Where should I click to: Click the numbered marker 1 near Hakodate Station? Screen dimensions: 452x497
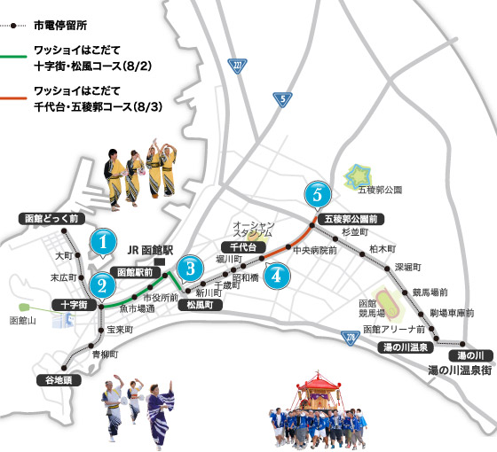(105, 240)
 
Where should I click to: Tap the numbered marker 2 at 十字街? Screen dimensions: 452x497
(103, 284)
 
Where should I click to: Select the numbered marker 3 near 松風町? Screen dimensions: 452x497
(187, 267)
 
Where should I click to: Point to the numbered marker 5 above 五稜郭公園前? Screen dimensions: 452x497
(315, 192)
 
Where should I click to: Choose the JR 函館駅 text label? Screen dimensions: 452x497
(154, 250)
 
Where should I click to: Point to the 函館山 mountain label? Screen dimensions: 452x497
(23, 320)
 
